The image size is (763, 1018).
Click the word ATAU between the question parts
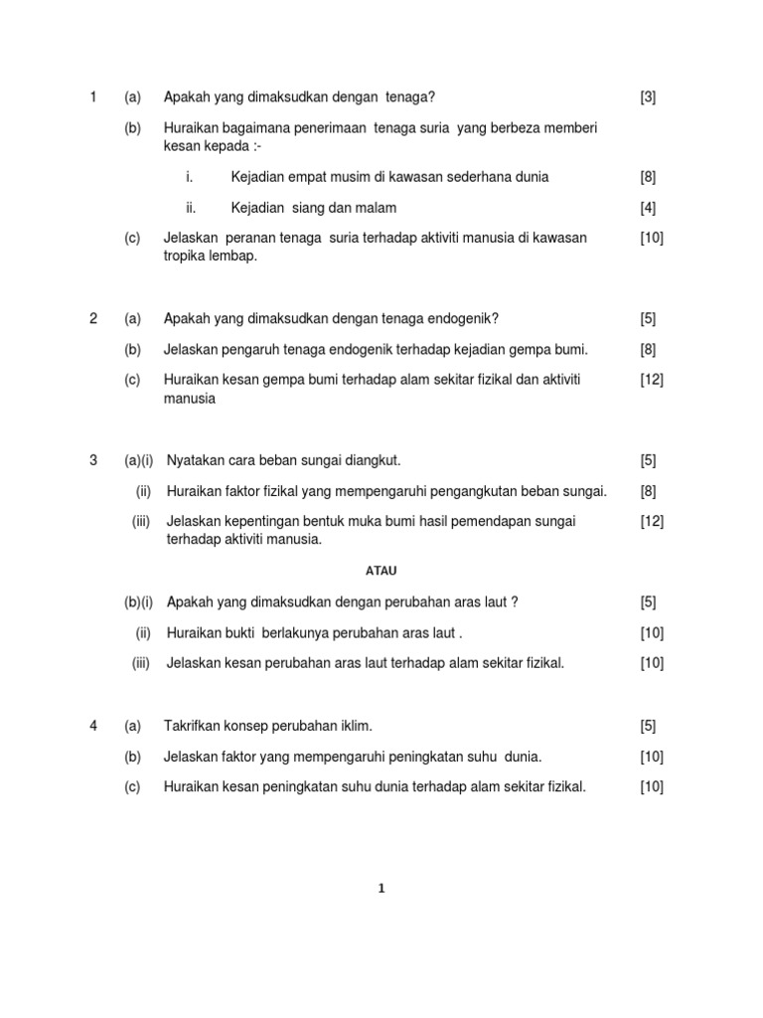381,571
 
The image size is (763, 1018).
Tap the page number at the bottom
381,889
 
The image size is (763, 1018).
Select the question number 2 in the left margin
93,318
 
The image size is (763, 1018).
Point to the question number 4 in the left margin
93,726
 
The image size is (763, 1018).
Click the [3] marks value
648,96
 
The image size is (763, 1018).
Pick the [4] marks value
648,208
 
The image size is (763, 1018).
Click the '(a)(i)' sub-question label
138,460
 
